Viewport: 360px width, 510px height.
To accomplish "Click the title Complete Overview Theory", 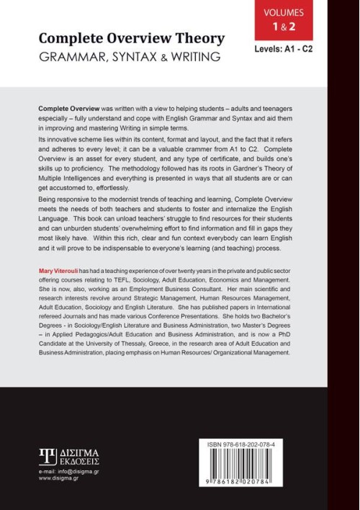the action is pos(131,38).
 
